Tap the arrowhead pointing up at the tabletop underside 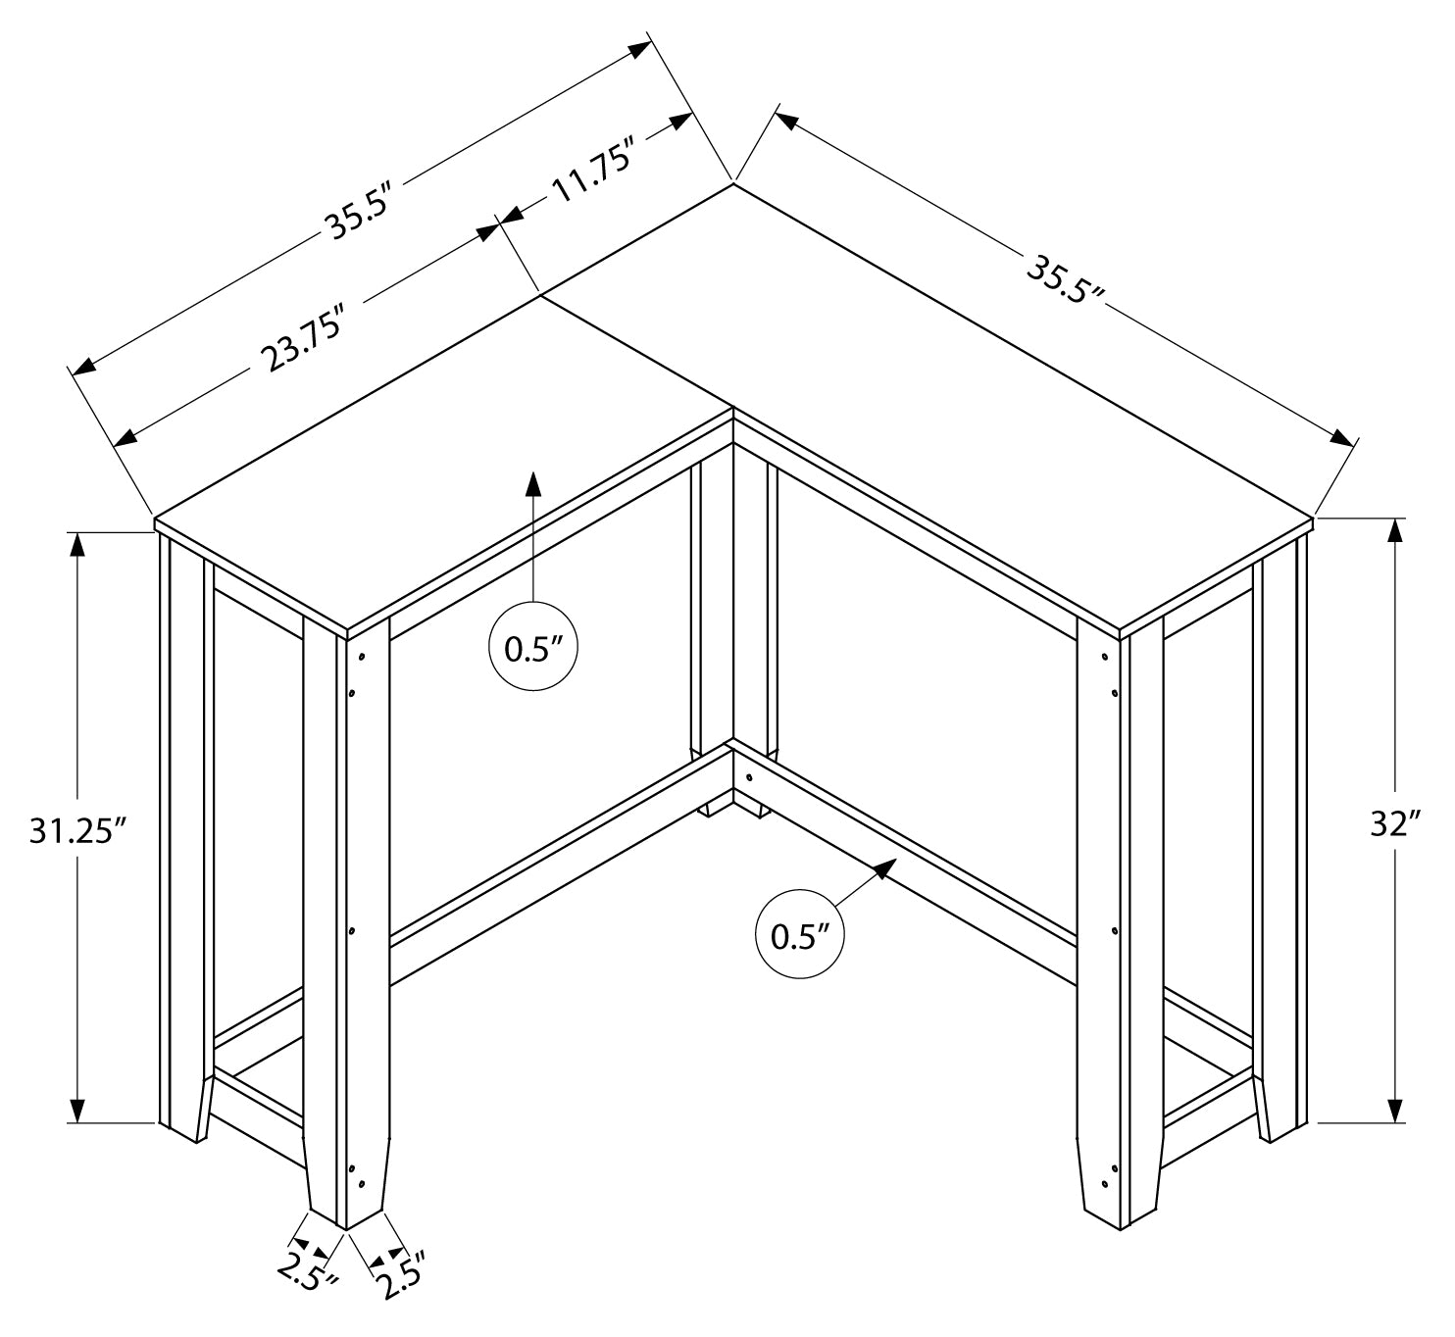[533, 484]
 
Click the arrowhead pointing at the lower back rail [885, 868]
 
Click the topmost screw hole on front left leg [361, 658]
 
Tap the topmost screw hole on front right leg [1105, 658]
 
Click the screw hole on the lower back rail [749, 777]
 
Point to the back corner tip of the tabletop [733, 184]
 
